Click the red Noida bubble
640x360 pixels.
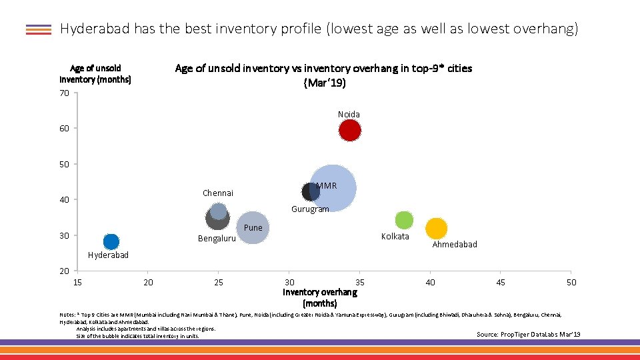[x=349, y=131]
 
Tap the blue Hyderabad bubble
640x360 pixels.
[x=111, y=241]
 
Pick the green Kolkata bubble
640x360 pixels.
[x=404, y=220]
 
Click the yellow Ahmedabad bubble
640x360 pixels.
[x=436, y=229]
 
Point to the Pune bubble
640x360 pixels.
[x=253, y=228]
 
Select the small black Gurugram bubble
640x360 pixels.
[x=310, y=192]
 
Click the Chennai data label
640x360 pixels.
[x=218, y=193]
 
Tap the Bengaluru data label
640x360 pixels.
[x=217, y=239]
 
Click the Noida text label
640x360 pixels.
[x=349, y=114]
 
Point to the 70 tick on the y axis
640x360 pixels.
[x=64, y=93]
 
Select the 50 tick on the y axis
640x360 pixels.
[x=64, y=164]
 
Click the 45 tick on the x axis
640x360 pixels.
[x=501, y=283]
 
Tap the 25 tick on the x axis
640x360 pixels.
[x=219, y=283]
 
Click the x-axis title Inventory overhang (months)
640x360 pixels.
[x=320, y=297]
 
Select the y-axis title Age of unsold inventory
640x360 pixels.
[x=95, y=73]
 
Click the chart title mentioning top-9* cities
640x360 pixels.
[x=323, y=75]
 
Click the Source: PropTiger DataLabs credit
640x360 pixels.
[x=528, y=334]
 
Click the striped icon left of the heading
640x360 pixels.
[x=39, y=29]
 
